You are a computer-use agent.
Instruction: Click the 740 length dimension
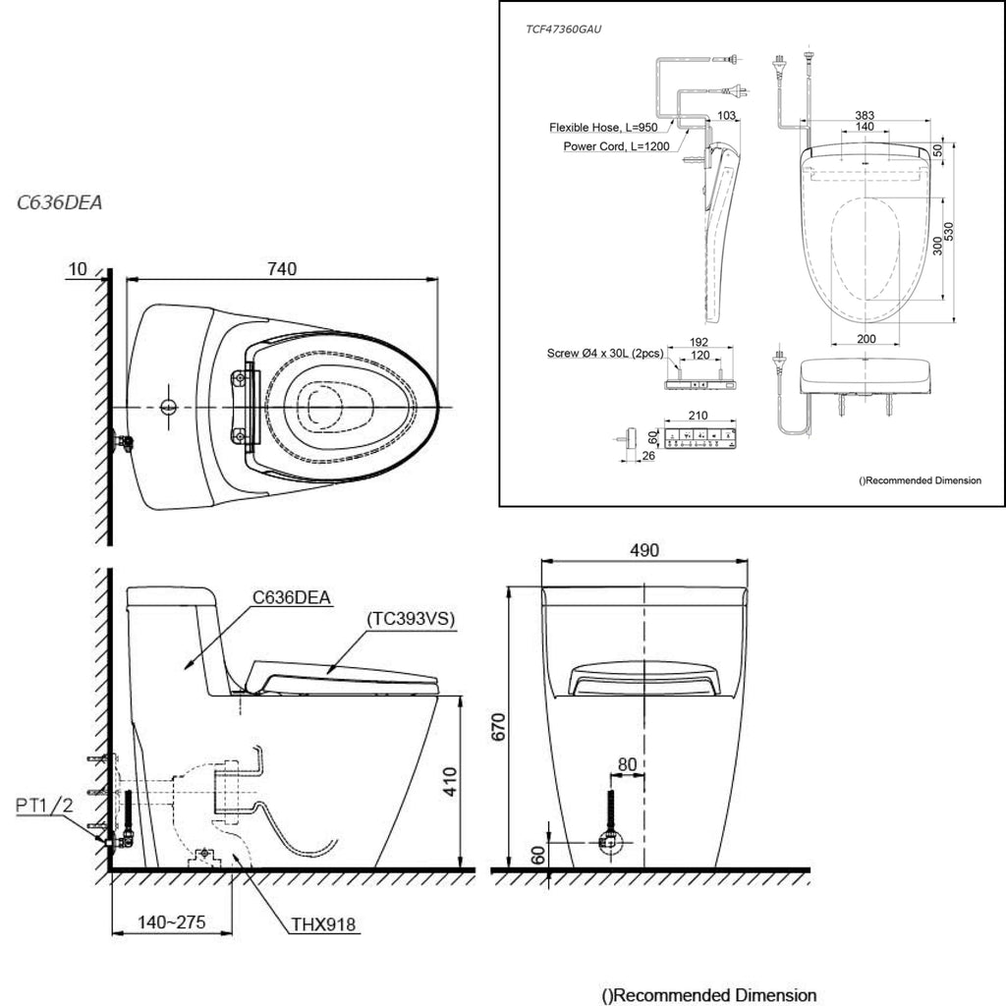(282, 269)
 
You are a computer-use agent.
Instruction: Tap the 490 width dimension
(644, 550)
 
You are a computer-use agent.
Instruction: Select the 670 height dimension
(498, 726)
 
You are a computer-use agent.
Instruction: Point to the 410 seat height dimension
(450, 781)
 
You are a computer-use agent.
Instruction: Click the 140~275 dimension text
(172, 922)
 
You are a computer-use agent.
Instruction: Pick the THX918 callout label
(322, 924)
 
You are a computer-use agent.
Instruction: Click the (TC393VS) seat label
(411, 619)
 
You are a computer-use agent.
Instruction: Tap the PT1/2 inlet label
(44, 806)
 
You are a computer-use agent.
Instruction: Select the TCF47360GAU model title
(563, 29)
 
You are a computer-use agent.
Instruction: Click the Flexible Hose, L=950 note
(603, 127)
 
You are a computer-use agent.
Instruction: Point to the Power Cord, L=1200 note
(616, 146)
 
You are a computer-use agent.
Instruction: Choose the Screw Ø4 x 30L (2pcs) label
(605, 353)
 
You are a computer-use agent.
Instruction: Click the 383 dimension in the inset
(865, 116)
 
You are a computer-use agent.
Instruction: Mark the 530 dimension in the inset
(949, 232)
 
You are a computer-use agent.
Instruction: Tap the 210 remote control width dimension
(699, 416)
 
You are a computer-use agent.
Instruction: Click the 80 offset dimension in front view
(627, 764)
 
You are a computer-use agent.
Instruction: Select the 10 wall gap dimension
(77, 269)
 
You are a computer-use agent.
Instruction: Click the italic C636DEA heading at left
(59, 202)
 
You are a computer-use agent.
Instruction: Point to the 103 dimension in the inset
(726, 116)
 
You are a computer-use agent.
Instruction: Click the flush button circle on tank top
(169, 407)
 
